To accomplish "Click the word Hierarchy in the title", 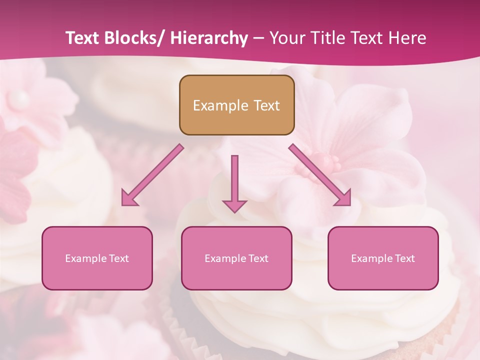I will [x=209, y=38].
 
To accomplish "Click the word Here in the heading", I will [x=407, y=38].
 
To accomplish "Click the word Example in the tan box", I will [x=213, y=105].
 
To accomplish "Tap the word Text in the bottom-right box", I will [x=404, y=258].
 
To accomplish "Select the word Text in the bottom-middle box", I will [x=258, y=258].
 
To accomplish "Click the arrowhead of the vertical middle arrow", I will [x=234, y=205].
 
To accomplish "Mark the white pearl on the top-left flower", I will [x=18, y=98].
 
